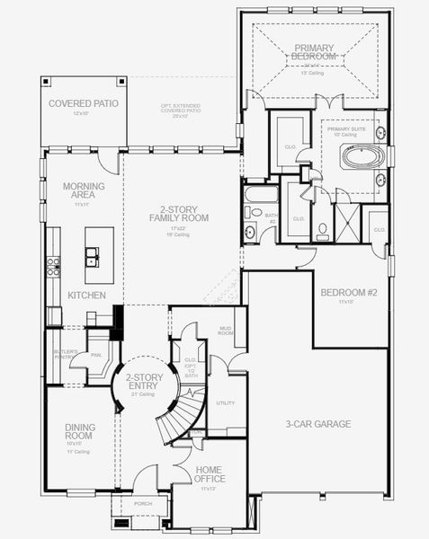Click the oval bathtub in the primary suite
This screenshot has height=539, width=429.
[x=362, y=156]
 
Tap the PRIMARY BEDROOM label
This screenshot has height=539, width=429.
[x=312, y=51]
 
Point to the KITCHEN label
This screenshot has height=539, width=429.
[x=86, y=295]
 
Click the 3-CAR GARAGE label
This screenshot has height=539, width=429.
[x=317, y=423]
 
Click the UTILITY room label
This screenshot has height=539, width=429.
[x=226, y=402]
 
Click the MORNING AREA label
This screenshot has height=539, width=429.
[x=84, y=191]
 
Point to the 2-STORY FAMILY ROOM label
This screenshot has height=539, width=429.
[x=179, y=213]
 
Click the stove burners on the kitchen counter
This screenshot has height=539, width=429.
[x=53, y=265]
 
